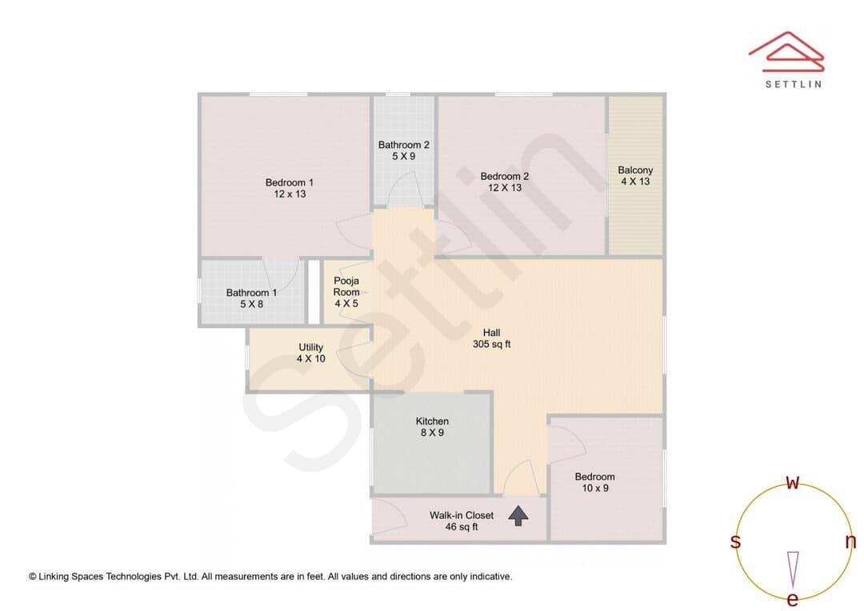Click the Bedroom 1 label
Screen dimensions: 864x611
(x=290, y=182)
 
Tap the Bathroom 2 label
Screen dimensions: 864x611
(x=403, y=145)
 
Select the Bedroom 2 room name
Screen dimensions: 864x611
(x=504, y=176)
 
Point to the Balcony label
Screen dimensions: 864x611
(x=635, y=170)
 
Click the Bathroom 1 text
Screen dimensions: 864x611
(x=251, y=293)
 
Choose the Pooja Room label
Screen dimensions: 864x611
(x=346, y=286)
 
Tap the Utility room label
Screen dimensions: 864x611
(x=310, y=347)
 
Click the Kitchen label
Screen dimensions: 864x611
(x=432, y=421)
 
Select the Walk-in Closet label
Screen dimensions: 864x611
(x=462, y=515)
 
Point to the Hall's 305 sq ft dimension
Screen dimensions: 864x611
(x=491, y=344)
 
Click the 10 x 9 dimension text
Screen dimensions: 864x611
(x=595, y=488)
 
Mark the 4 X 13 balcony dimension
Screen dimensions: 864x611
(x=635, y=182)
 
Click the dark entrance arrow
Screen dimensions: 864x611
(x=518, y=516)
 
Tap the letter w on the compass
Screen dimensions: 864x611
(x=792, y=483)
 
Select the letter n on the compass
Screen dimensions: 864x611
(x=850, y=541)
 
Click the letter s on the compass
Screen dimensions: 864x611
(x=735, y=541)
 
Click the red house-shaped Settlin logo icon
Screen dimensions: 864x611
(x=786, y=52)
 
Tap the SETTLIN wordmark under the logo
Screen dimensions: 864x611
(x=794, y=84)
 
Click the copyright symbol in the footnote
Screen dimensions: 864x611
(x=33, y=577)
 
